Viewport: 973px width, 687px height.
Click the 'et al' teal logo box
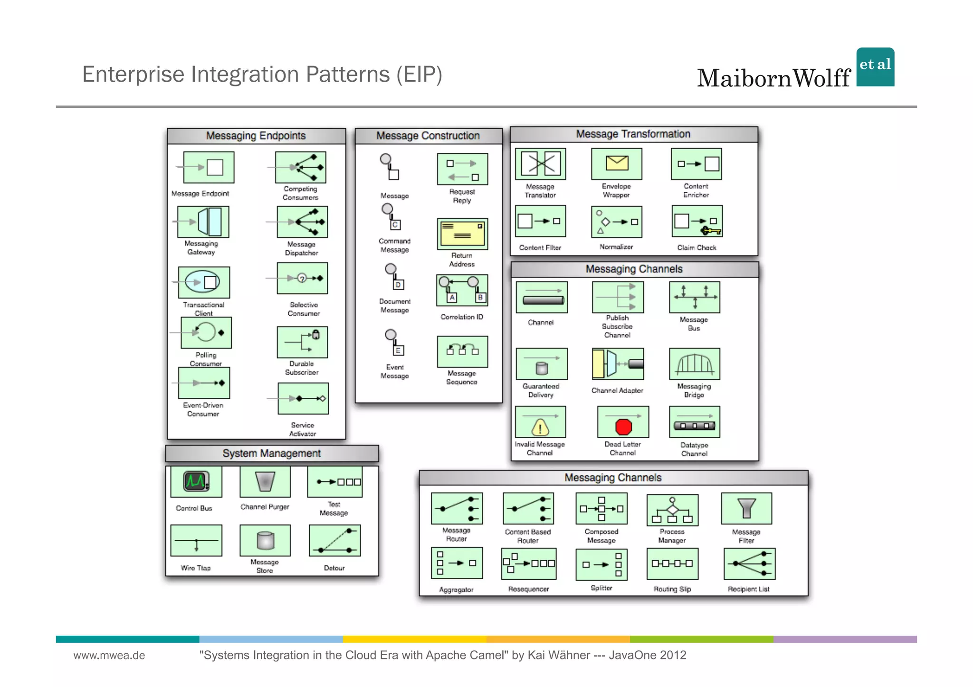(x=875, y=67)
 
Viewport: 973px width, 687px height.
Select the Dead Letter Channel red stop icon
(x=623, y=422)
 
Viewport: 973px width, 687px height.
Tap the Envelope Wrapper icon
(x=616, y=164)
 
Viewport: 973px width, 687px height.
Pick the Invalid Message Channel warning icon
(x=540, y=422)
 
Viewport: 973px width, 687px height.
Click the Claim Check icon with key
(x=697, y=221)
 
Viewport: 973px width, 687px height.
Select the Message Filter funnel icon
(x=746, y=508)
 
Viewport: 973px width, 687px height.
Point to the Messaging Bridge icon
(x=694, y=364)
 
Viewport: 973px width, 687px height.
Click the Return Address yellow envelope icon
(x=462, y=234)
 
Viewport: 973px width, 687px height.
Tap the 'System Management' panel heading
(x=272, y=453)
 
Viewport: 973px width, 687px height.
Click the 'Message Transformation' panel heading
(x=633, y=134)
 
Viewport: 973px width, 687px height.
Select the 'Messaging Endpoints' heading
(x=256, y=136)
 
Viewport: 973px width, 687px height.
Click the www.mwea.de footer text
(x=109, y=655)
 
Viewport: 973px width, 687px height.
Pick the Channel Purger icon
(x=265, y=481)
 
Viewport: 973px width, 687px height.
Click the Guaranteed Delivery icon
(x=542, y=364)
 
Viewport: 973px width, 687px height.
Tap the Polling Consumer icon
(x=206, y=332)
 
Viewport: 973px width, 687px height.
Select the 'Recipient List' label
(x=748, y=589)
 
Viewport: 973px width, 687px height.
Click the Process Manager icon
(x=672, y=510)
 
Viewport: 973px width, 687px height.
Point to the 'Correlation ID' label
(x=461, y=317)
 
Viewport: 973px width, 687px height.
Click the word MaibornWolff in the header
(x=773, y=78)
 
